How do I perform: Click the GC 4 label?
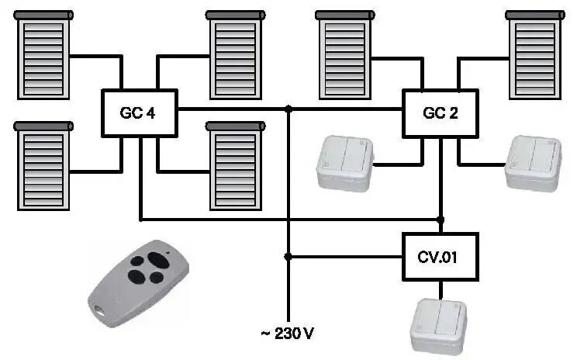tap(138, 113)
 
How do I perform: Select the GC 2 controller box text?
tap(440, 113)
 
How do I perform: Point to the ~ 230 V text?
tap(287, 334)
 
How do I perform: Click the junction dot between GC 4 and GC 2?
tap(288, 109)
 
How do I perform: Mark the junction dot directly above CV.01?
tap(441, 220)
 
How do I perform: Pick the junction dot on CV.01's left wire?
tap(288, 256)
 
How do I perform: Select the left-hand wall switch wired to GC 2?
tap(344, 162)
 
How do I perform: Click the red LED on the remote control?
tap(165, 253)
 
